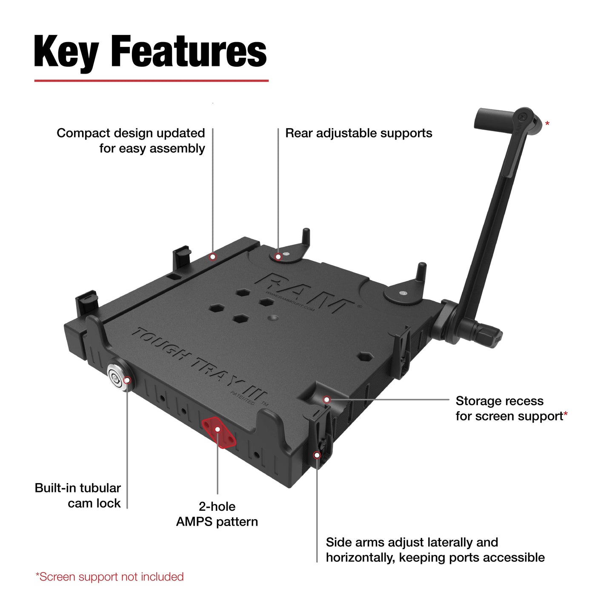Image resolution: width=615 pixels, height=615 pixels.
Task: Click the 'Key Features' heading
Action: coord(150,52)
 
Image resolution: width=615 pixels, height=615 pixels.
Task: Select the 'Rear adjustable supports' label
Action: coord(358,133)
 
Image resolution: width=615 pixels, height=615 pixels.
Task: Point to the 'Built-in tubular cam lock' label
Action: coord(78,495)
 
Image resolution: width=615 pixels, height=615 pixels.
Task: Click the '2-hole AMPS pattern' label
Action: coord(217,514)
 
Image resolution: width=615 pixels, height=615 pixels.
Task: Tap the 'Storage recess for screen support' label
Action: coord(511,409)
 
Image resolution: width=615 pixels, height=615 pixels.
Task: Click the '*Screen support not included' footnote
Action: coord(109,577)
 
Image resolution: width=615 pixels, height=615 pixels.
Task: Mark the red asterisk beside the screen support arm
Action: coord(547,124)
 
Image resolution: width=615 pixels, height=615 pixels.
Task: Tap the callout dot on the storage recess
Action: coord(326,400)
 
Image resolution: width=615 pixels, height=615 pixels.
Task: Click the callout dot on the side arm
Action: coord(317,455)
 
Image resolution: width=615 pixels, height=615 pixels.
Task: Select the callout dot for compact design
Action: coord(213,257)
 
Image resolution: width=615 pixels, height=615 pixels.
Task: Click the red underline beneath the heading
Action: coord(151,80)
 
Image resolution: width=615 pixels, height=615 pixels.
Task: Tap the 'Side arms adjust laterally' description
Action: coord(435,550)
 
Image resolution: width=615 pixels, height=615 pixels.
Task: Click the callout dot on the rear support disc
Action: coord(278,257)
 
